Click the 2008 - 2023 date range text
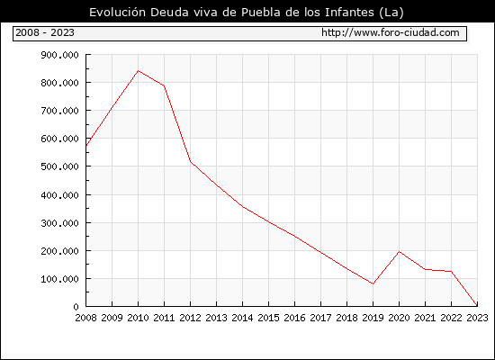tap(45, 32)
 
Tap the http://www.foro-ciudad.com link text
tap(391, 32)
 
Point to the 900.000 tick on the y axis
tap(59, 55)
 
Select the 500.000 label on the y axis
tap(59, 166)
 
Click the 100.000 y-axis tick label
tap(59, 279)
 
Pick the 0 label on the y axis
tap(76, 307)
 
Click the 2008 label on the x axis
tap(85, 318)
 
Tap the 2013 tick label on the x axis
tap(216, 318)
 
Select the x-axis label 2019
tap(373, 318)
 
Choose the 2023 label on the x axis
tap(477, 318)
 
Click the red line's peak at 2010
tap(138, 71)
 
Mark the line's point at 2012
tap(191, 162)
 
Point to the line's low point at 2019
tap(373, 283)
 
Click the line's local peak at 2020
tap(399, 252)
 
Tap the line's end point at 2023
tap(477, 305)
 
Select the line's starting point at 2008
tap(86, 146)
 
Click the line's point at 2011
tap(164, 85)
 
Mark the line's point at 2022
tap(451, 271)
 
